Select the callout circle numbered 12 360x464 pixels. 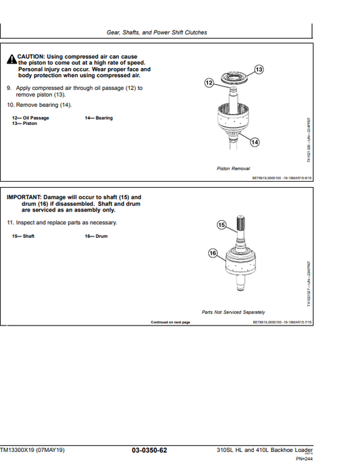pos(209,82)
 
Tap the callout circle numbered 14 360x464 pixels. pos(254,142)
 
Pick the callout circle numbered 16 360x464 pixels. pos(213,253)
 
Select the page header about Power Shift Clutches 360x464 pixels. pos(157,32)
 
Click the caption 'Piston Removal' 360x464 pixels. pos(233,168)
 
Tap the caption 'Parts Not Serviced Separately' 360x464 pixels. pos(233,312)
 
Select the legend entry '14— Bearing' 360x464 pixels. pos(99,118)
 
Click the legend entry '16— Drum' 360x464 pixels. pos(96,236)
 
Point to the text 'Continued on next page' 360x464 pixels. pos(170,322)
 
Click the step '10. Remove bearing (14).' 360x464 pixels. pos(38,105)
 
